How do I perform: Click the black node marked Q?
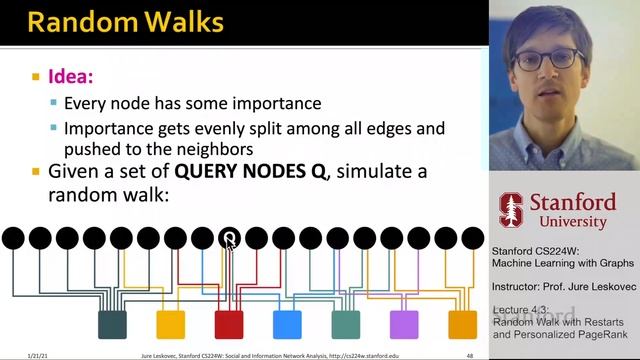[x=230, y=238]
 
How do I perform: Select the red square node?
[x=229, y=324]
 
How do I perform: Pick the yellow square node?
[x=171, y=324]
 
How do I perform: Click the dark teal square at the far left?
[x=112, y=324]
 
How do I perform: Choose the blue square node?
[x=287, y=324]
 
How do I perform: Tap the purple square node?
[x=404, y=324]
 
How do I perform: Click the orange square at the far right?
[x=462, y=324]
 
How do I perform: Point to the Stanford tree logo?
[x=511, y=209]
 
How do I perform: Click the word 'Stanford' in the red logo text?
[x=572, y=201]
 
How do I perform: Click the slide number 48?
[x=470, y=355]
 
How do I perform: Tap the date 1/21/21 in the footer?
[x=13, y=355]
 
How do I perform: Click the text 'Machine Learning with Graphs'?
[x=562, y=262]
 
